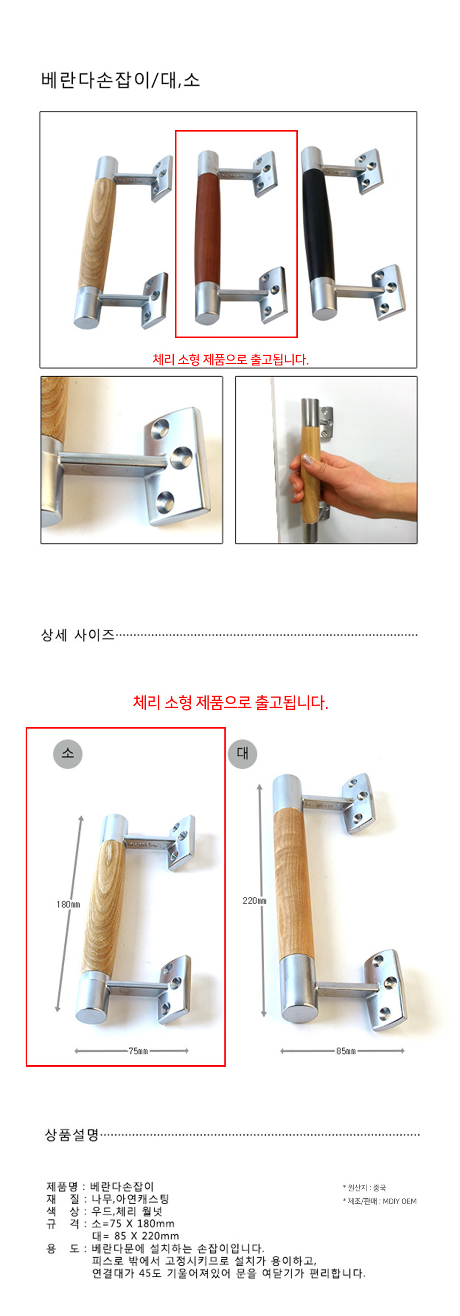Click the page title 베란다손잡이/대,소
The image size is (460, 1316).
coord(120,80)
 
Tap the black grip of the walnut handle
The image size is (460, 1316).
coord(320,225)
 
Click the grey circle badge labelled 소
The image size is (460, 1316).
coord(68,753)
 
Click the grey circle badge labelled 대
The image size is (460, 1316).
coord(242,753)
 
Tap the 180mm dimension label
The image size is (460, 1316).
coord(68,904)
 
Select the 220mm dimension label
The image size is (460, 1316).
coord(255,900)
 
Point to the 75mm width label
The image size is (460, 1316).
coord(138,1051)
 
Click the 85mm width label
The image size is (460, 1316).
coord(346,1051)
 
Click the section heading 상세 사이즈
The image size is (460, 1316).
coord(78,635)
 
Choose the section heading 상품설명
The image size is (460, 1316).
coord(72,1135)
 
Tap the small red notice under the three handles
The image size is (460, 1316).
coord(231,359)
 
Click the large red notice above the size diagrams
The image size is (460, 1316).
coord(231,702)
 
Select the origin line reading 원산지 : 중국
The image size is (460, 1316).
coord(364,1188)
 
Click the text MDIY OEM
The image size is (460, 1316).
coord(400,1201)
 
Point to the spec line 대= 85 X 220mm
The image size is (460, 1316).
coord(135,1236)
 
